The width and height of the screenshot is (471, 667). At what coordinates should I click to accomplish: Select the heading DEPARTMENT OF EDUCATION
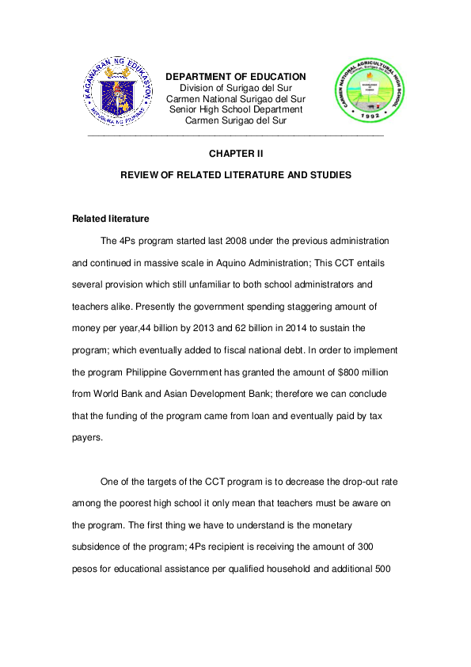point(235,76)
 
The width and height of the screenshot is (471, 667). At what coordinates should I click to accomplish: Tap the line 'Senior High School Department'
point(235,109)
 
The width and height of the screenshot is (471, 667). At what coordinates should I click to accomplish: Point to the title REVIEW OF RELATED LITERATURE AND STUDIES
point(235,174)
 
